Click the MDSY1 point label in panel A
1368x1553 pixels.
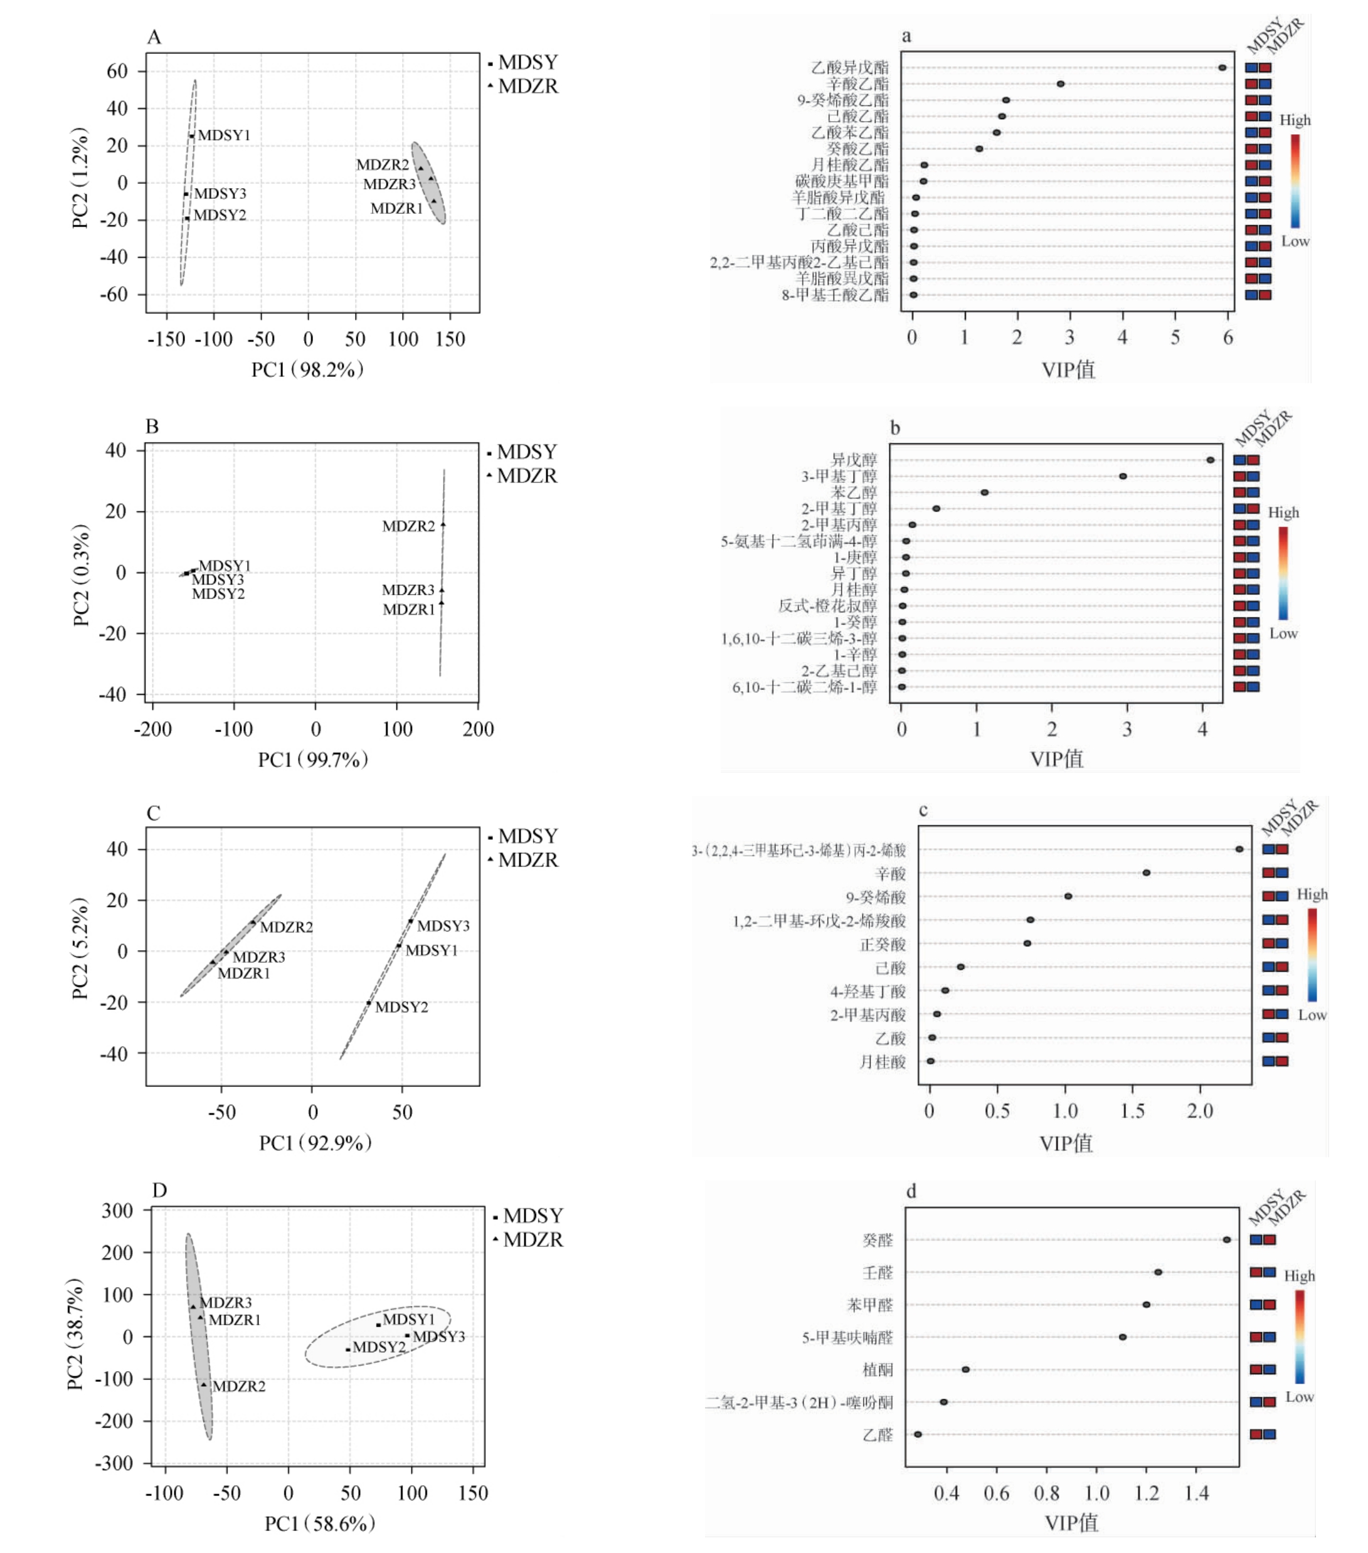pyautogui.click(x=223, y=135)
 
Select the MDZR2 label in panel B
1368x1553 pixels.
pyautogui.click(x=408, y=526)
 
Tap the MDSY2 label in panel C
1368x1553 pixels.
pyautogui.click(x=401, y=1007)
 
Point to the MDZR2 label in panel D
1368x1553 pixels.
pyautogui.click(x=238, y=1386)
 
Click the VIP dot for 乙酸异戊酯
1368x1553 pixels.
pyautogui.click(x=1222, y=68)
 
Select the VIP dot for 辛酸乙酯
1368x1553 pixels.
pyautogui.click(x=1060, y=83)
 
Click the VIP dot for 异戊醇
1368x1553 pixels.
pyautogui.click(x=1210, y=460)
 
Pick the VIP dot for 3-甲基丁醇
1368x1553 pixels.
pyautogui.click(x=1123, y=477)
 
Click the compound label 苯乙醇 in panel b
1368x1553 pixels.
pyautogui.click(x=854, y=492)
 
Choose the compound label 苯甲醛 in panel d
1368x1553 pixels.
pyautogui.click(x=869, y=1305)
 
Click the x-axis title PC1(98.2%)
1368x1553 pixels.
pyautogui.click(x=308, y=369)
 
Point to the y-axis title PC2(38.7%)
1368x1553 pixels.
pyautogui.click(x=75, y=1334)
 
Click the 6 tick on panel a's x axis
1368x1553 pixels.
pyautogui.click(x=1227, y=338)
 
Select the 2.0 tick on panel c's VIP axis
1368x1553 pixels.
pyautogui.click(x=1199, y=1111)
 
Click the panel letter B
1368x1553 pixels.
pyautogui.click(x=152, y=427)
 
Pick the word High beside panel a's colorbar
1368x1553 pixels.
pyautogui.click(x=1295, y=120)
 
